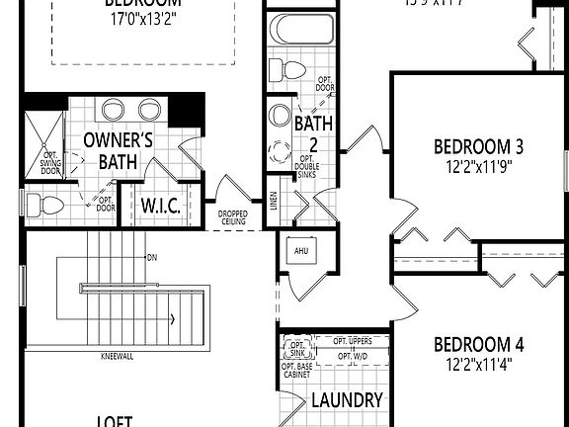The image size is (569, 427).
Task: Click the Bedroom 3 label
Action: [x=478, y=147]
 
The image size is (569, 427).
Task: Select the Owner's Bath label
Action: [x=117, y=149]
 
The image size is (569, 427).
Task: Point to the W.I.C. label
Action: [x=158, y=206]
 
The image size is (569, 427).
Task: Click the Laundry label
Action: [x=346, y=400]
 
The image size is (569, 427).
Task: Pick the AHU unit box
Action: [x=299, y=251]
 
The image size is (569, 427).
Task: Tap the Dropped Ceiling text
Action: [x=233, y=216]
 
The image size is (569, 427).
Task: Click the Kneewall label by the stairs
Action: [x=118, y=356]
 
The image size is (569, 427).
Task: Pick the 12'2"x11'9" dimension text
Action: [x=478, y=167]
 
